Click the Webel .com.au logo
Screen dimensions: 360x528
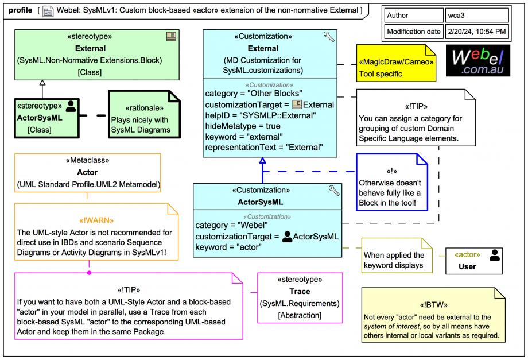tap(477, 61)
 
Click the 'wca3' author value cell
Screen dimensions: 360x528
tap(477, 16)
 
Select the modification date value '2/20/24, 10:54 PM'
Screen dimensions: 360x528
tap(477, 31)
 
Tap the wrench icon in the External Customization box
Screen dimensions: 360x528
tap(329, 38)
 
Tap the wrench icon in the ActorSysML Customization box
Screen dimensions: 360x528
tap(334, 191)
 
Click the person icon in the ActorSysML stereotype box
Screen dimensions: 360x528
tap(71, 106)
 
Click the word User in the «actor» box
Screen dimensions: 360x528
tap(467, 266)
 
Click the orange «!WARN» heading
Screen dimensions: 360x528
tap(96, 220)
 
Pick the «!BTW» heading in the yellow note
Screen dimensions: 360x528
tap(433, 305)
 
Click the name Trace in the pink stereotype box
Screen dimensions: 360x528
tap(300, 292)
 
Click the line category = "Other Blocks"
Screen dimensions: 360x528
tap(254, 93)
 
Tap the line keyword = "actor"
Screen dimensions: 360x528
tap(228, 247)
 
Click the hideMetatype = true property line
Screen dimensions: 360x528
tap(243, 126)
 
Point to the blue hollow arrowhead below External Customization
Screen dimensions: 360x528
tap(263, 162)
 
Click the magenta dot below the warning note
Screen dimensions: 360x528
tap(89, 272)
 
